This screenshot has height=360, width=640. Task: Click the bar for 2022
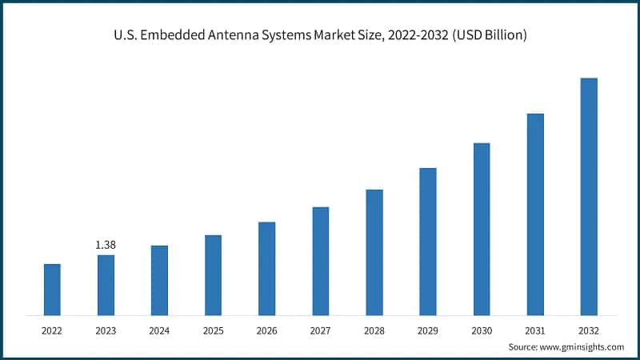[52, 289]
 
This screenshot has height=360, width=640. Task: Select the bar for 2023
[106, 285]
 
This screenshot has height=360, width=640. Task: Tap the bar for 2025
[213, 274]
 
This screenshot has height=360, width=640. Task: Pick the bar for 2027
[320, 261]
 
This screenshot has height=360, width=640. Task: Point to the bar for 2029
[427, 241]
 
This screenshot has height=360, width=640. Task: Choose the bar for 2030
[481, 229]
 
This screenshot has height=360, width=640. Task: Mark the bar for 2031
[534, 214]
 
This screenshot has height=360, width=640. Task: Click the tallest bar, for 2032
[588, 196]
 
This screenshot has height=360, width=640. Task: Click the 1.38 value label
[106, 243]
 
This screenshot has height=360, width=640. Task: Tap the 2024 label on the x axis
[159, 330]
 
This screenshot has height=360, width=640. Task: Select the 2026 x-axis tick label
[266, 330]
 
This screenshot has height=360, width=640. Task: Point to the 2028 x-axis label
[374, 330]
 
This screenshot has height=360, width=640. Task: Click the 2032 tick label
[588, 330]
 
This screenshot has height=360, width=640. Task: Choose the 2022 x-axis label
[52, 330]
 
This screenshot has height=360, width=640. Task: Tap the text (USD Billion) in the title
[489, 36]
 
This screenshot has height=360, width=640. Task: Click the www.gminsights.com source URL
[582, 346]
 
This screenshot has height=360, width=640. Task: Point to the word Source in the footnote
[524, 346]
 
